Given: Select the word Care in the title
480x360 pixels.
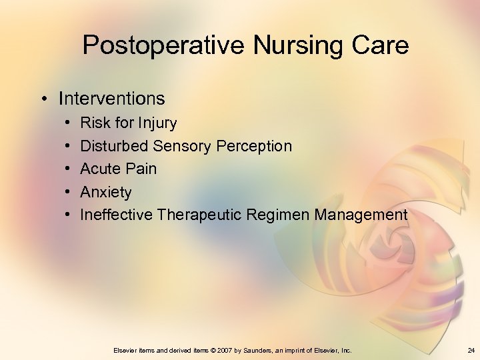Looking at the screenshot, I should pyautogui.click(x=381, y=45).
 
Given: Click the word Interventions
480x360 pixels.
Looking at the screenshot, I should pyautogui.click(x=111, y=99).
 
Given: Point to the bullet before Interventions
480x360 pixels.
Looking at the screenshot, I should pyautogui.click(x=42, y=99).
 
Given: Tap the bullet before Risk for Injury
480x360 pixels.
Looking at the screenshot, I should pyautogui.click(x=70, y=123).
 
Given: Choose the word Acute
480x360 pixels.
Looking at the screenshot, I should pyautogui.click(x=101, y=169).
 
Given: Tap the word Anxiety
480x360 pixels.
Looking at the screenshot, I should pyautogui.click(x=106, y=193).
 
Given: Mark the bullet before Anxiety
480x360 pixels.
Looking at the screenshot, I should pyautogui.click(x=70, y=193).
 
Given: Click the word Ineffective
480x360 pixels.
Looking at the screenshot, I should pyautogui.click(x=117, y=215).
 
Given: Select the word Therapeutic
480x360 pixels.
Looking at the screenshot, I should pyautogui.click(x=199, y=215).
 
